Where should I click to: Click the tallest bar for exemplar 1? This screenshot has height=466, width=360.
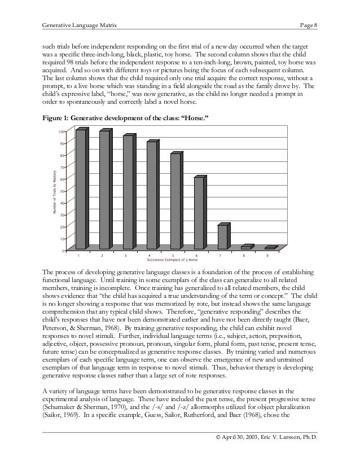coord(81,189)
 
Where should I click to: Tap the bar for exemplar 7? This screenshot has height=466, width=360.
coord(223,236)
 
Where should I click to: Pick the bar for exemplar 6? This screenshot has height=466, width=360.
coord(199,213)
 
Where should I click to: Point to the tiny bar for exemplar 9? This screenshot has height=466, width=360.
coord(270,248)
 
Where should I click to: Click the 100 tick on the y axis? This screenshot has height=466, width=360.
coord(62,131)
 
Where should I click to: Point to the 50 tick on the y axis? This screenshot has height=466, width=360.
coord(62,191)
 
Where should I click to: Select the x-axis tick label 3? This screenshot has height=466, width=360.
coord(125,255)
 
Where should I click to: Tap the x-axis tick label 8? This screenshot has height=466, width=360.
coord(244,255)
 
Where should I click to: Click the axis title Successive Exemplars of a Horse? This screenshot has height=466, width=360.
coord(172,260)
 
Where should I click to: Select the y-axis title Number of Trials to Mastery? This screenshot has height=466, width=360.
coord(54,190)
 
